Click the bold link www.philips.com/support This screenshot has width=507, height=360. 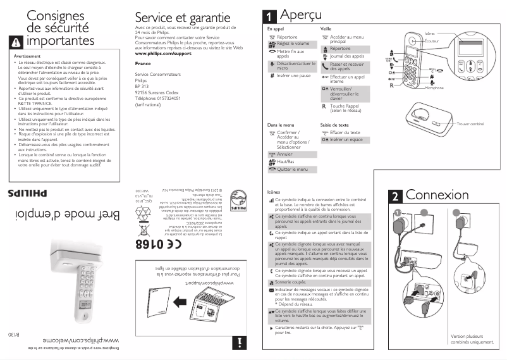pos(163,55)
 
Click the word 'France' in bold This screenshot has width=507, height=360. pos(143,65)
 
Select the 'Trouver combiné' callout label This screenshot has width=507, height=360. pos(470,124)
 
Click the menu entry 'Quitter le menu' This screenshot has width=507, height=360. pos(292,170)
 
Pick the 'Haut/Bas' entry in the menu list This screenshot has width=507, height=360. pos(286,162)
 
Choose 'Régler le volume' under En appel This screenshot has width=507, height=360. pos(293,43)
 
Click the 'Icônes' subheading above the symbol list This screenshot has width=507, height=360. pos(274,192)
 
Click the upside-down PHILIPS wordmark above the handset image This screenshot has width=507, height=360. pos(27,192)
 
